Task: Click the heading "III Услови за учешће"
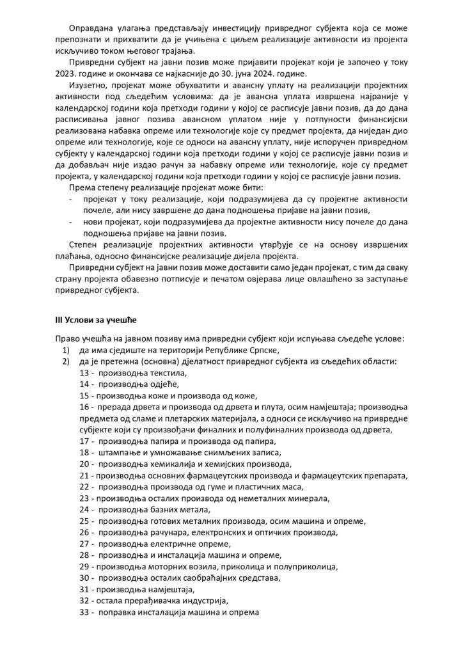[92, 318]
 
